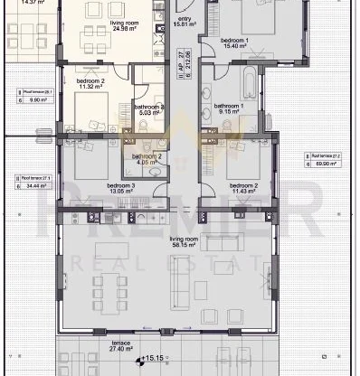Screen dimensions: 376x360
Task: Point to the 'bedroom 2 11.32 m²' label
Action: tap(91, 85)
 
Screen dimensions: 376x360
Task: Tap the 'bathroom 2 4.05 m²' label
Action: tap(147, 160)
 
